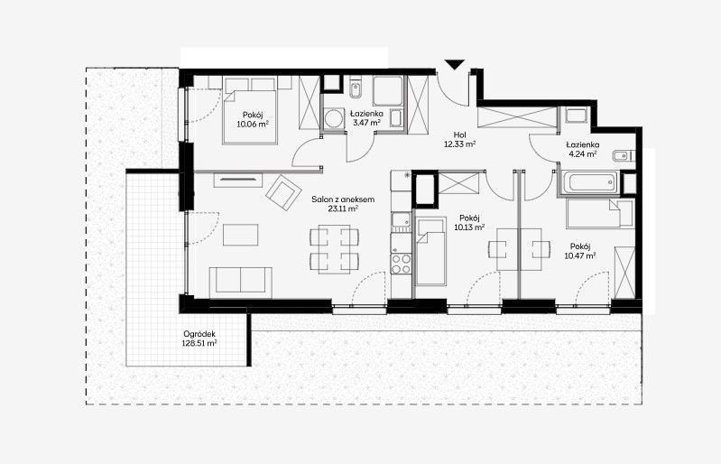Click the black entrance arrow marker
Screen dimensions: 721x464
pyautogui.click(x=455, y=65)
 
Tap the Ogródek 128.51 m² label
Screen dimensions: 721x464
pyautogui.click(x=199, y=339)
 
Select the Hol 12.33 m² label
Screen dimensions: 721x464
pyautogui.click(x=459, y=139)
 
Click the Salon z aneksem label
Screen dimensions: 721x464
pyautogui.click(x=343, y=200)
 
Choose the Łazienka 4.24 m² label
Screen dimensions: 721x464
pyautogui.click(x=583, y=150)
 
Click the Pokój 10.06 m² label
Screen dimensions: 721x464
pyautogui.click(x=253, y=119)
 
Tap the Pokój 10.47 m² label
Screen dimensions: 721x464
pyautogui.click(x=580, y=251)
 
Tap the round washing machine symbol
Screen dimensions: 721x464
pyautogui.click(x=333, y=119)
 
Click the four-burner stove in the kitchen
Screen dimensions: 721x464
pyautogui.click(x=401, y=264)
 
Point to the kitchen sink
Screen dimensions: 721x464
pyautogui.click(x=401, y=221)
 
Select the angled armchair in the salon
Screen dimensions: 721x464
pyautogui.click(x=283, y=192)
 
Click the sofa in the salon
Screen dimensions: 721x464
pyautogui.click(x=241, y=283)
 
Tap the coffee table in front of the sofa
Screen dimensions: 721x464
pyautogui.click(x=241, y=235)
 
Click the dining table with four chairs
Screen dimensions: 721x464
pyautogui.click(x=334, y=249)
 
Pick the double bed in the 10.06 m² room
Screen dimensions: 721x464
pyautogui.click(x=250, y=116)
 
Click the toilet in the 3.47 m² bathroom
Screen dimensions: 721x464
pyautogui.click(x=355, y=90)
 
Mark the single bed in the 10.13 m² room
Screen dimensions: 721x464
pyautogui.click(x=430, y=252)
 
